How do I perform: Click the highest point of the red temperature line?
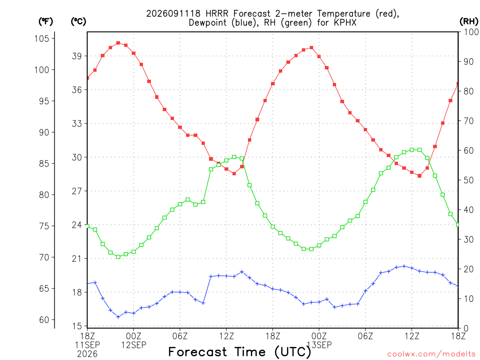coord(118,43)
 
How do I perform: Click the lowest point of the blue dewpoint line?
coord(118,317)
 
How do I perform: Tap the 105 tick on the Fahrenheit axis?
coord(42,38)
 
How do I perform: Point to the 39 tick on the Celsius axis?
coord(76,56)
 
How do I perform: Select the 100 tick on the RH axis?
coord(471,32)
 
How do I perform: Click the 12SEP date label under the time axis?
coord(134,345)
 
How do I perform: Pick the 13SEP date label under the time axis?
coord(319,345)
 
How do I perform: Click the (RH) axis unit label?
coord(469,21)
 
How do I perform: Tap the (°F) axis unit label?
coord(45,22)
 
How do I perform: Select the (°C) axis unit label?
coord(78,22)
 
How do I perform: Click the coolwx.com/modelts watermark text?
coord(431,354)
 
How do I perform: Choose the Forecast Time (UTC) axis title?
coord(240,352)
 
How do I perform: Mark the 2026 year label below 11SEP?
coord(87,354)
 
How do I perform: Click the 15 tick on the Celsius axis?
coord(76,326)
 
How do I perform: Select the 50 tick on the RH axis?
coord(469,180)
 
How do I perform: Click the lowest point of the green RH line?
coord(118,257)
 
